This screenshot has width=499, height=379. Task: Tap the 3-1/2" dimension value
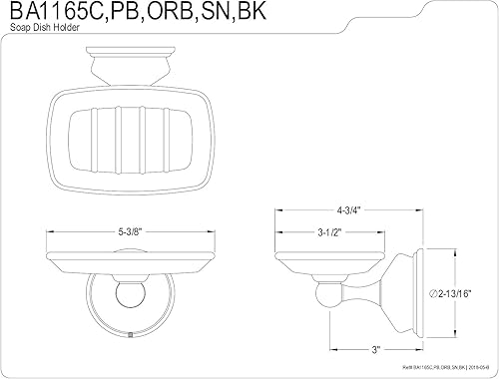tap(331, 233)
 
